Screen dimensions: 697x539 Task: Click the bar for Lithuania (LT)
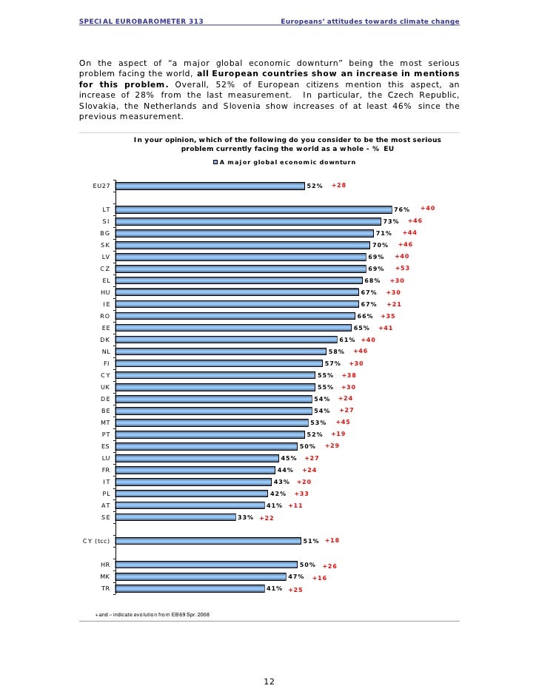(254, 209)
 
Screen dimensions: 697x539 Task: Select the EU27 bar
(210, 186)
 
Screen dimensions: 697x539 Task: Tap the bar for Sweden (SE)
(176, 517)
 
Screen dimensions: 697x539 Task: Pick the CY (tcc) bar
(209, 541)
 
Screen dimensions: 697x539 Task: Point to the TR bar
(190, 588)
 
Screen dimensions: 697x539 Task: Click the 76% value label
(401, 209)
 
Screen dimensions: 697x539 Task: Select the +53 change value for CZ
(402, 269)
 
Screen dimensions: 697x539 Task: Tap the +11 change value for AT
(295, 505)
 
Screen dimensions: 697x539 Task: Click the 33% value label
(245, 517)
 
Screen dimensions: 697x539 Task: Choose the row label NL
(106, 351)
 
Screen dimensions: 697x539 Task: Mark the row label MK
(105, 576)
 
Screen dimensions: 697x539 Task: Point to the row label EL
(106, 280)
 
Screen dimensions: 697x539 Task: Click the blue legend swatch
(215, 162)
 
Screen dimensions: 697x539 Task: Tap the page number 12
(269, 681)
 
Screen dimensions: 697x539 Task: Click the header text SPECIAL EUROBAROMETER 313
(141, 21)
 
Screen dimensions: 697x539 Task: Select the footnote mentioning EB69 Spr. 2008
(153, 615)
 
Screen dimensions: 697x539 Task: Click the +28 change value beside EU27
(339, 185)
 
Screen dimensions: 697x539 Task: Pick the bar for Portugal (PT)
(210, 434)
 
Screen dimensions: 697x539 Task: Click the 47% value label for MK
(296, 576)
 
